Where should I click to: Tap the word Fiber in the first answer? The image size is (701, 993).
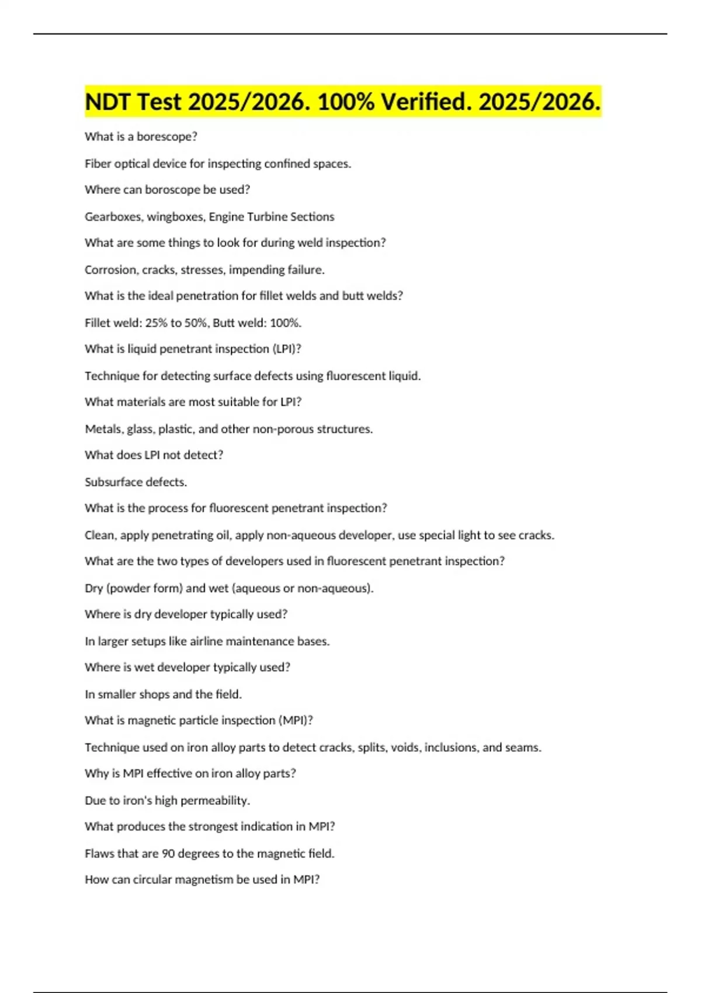click(98, 164)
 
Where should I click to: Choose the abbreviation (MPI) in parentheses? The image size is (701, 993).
click(296, 720)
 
